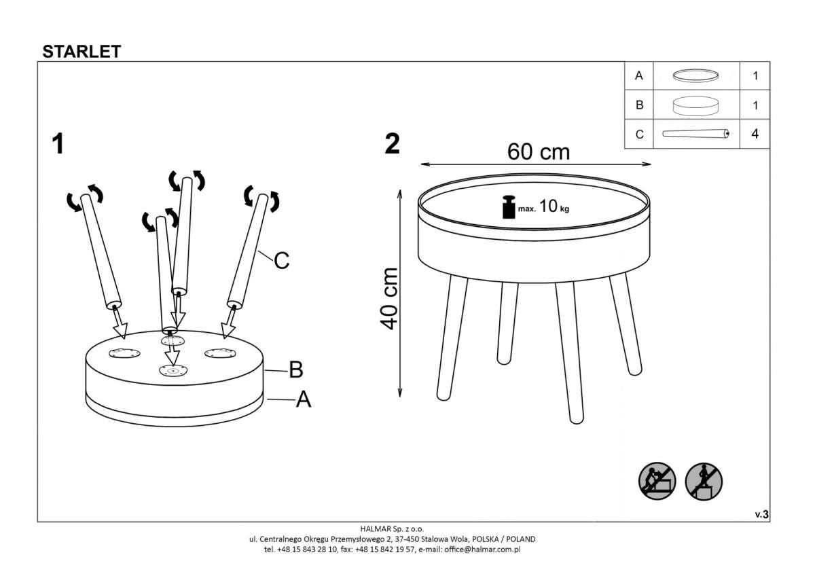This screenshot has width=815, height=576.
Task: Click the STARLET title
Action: click(81, 52)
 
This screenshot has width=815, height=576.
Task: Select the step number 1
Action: click(58, 144)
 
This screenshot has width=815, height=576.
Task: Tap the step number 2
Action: click(392, 144)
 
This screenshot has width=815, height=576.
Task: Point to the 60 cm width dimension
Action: click(538, 152)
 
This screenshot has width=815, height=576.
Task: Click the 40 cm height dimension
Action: click(389, 298)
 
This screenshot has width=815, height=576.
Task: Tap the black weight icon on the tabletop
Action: click(508, 207)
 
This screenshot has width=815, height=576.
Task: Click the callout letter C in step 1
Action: click(282, 259)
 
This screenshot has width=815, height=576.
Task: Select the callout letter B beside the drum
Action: click(295, 370)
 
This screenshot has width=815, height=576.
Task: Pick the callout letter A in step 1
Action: click(303, 399)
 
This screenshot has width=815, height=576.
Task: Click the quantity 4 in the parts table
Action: click(755, 134)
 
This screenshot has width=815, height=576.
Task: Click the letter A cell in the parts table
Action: click(638, 76)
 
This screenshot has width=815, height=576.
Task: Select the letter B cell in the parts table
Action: click(638, 105)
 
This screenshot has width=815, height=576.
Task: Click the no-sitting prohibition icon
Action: click(657, 482)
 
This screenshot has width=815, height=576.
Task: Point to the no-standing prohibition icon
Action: click(703, 482)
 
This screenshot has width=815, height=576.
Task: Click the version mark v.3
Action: click(761, 515)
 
